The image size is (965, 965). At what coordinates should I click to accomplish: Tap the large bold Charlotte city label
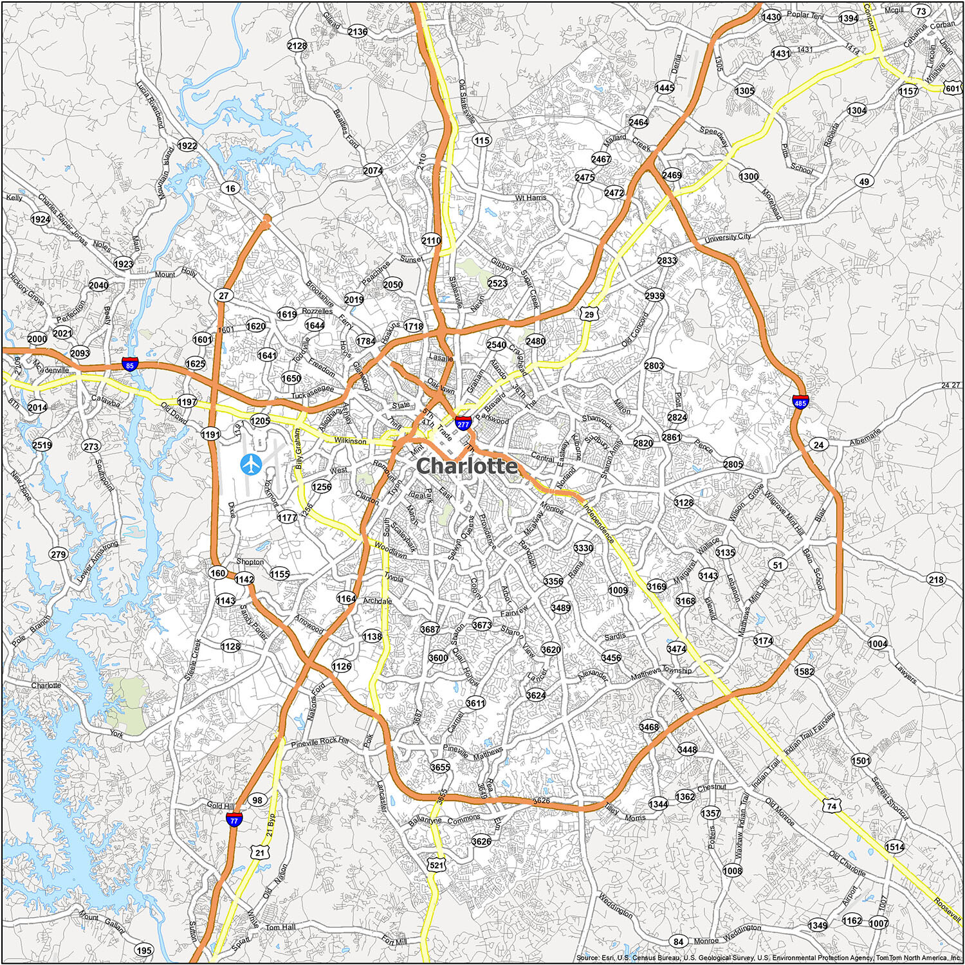click(x=466, y=466)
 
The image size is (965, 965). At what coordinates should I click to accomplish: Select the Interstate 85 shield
click(x=131, y=364)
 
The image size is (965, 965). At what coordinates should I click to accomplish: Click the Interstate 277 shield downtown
click(x=461, y=423)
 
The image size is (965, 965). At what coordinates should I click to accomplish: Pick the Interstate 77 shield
click(x=234, y=819)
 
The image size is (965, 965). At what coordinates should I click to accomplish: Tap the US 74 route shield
click(x=832, y=806)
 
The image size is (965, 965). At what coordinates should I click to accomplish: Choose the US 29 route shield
click(x=587, y=313)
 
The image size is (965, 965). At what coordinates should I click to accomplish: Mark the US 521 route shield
click(x=437, y=865)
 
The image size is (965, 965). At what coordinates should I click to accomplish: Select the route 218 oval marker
click(x=936, y=580)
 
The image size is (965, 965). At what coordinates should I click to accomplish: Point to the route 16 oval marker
click(x=230, y=188)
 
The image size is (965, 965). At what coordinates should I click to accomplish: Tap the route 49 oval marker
click(x=864, y=181)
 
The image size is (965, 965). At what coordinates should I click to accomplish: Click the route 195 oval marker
click(x=144, y=950)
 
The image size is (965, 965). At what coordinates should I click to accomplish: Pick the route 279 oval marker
click(x=58, y=554)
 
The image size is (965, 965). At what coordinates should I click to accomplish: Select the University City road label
click(x=727, y=237)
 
